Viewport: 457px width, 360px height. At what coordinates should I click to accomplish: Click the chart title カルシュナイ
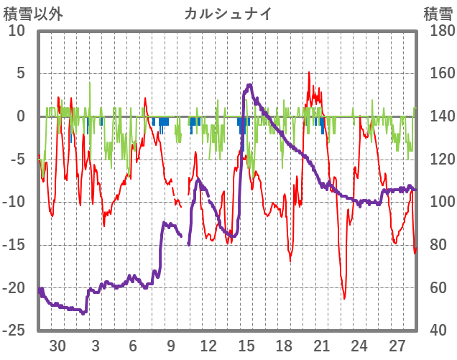228,14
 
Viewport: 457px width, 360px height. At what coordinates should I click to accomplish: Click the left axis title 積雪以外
33,14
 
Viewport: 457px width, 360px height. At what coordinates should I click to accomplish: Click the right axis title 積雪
437,14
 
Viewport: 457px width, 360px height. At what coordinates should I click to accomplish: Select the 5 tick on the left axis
21,73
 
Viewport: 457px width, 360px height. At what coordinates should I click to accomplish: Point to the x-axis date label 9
171,345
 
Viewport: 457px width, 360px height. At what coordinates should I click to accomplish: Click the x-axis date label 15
246,345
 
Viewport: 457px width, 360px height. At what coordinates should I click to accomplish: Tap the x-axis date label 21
322,345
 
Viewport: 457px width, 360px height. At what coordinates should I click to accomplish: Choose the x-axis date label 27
397,345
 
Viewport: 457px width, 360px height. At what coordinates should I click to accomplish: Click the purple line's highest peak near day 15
249,85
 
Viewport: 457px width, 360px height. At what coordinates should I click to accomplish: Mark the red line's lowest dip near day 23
344,298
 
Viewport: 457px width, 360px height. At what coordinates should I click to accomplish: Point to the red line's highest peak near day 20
309,72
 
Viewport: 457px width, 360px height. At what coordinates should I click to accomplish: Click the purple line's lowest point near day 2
83,313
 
